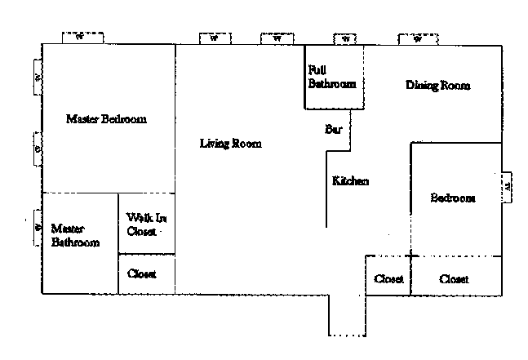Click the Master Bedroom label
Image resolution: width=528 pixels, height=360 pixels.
click(106, 119)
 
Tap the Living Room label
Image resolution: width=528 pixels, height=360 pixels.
click(230, 144)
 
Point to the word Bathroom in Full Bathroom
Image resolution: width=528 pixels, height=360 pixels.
click(332, 83)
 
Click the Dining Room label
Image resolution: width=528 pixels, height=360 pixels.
click(438, 85)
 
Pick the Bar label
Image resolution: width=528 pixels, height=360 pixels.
click(333, 129)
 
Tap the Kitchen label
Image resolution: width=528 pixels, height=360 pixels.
click(350, 180)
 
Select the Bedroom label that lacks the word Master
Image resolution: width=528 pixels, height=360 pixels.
click(453, 198)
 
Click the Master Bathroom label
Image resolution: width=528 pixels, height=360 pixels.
click(75, 235)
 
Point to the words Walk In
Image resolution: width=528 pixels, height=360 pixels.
click(147, 218)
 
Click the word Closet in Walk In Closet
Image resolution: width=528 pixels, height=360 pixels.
click(141, 231)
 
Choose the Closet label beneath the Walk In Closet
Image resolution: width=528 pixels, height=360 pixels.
click(142, 274)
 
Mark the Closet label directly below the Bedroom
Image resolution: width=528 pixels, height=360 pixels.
click(454, 279)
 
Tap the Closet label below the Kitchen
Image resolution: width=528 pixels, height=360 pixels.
click(388, 279)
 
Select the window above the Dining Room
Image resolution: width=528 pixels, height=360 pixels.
click(418, 38)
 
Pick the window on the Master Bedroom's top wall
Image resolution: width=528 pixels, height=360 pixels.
click(82, 37)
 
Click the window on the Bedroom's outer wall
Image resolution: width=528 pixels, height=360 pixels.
click(507, 186)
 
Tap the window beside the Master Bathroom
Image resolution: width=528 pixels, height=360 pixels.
click(38, 228)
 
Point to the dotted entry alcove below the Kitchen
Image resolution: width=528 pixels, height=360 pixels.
click(347, 314)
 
